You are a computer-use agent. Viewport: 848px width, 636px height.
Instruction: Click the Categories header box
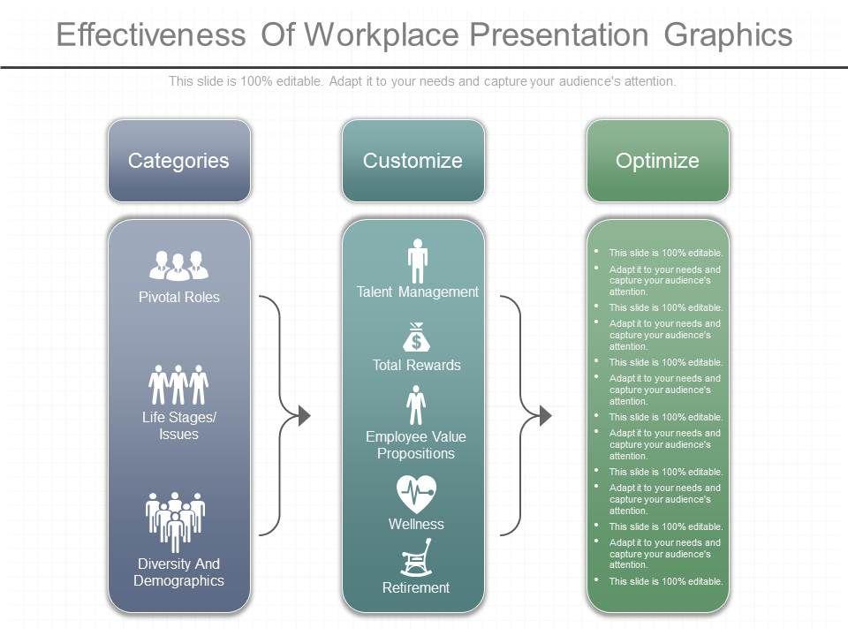click(x=178, y=161)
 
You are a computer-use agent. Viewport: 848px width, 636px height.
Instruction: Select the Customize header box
click(x=413, y=161)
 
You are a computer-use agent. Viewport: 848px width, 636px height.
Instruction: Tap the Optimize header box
click(x=657, y=161)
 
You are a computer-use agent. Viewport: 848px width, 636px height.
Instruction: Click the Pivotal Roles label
click(x=178, y=297)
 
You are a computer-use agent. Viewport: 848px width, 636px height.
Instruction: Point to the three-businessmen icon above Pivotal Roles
click(x=178, y=264)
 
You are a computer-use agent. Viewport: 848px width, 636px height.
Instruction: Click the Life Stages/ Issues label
click(x=178, y=426)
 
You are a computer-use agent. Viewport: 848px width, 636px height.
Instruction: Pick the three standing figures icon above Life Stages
click(x=178, y=384)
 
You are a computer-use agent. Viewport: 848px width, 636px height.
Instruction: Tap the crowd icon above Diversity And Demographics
click(x=175, y=521)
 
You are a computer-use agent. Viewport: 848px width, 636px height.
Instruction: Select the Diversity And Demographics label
click(x=178, y=572)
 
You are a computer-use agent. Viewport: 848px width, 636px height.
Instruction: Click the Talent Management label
click(x=417, y=292)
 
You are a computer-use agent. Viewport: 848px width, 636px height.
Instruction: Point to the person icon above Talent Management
click(x=417, y=260)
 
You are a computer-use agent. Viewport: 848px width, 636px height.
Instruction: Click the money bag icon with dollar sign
click(x=416, y=337)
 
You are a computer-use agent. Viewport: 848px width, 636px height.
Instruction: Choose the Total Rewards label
click(x=416, y=365)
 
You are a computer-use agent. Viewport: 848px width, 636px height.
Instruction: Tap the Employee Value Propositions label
click(x=416, y=445)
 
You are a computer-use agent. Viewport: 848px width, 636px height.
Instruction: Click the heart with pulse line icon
click(x=416, y=493)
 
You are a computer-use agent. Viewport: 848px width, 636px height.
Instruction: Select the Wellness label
click(x=416, y=524)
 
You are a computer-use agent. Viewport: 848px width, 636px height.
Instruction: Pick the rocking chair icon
click(x=416, y=560)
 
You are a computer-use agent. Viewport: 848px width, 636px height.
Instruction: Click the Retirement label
click(x=416, y=587)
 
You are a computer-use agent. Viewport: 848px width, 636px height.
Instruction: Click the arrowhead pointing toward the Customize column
click(x=303, y=414)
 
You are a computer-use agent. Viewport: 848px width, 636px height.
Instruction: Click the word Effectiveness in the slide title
click(x=150, y=34)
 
